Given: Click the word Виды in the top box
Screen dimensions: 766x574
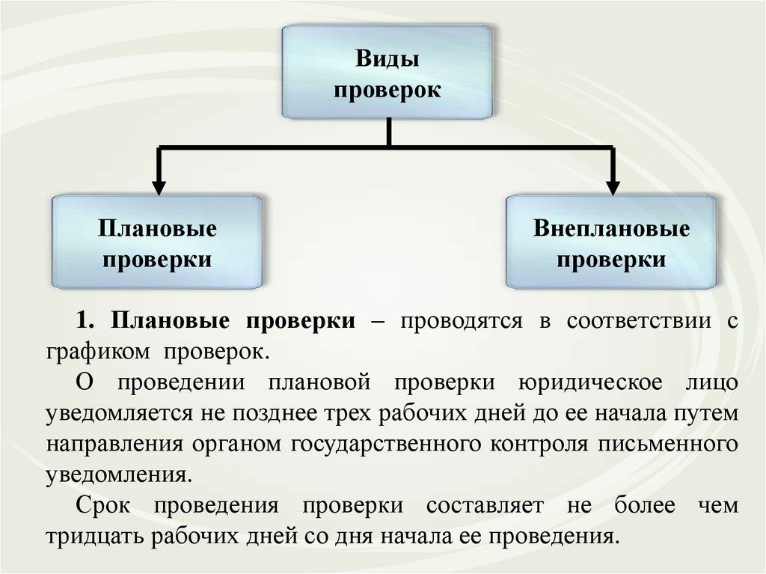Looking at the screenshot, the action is [387, 59].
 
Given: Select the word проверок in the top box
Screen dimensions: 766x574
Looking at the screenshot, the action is [387, 91].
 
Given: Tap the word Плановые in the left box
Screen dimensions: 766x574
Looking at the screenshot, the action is [157, 228].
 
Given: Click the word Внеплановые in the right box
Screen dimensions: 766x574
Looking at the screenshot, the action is [611, 228].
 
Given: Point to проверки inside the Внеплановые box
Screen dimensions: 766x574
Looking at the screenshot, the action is [611, 260].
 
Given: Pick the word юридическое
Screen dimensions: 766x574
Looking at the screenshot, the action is [591, 382].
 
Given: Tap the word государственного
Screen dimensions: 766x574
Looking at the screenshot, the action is [391, 443].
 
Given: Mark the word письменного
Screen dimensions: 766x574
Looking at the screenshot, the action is [668, 443].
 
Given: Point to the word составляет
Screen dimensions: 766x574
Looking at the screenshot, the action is [485, 505].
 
